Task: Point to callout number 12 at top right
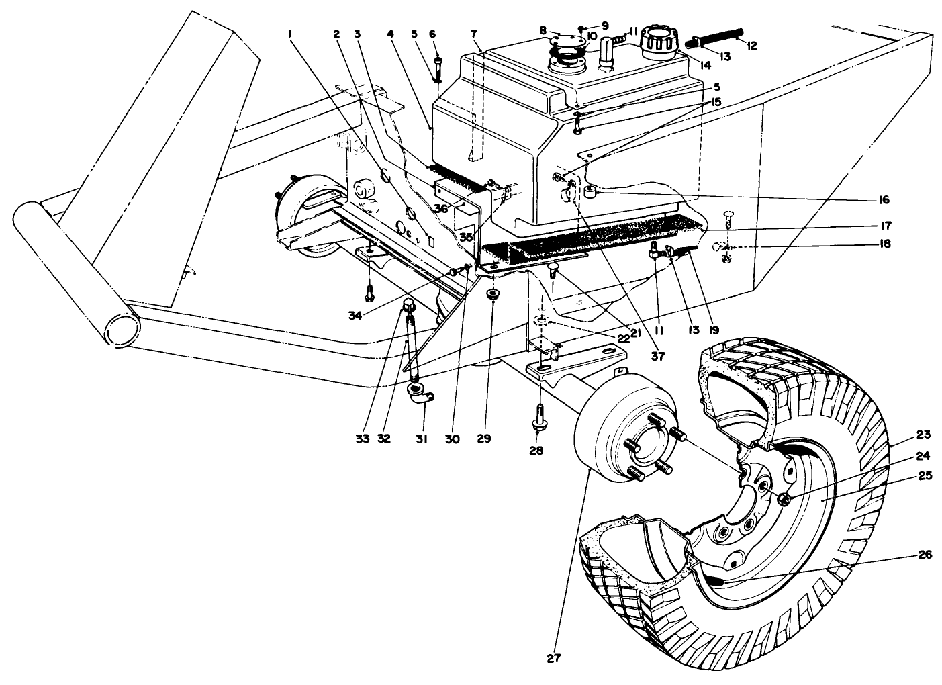[751, 45]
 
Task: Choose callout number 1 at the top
[291, 33]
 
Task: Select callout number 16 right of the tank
[883, 199]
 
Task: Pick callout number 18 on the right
[884, 244]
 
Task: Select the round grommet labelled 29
[492, 295]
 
